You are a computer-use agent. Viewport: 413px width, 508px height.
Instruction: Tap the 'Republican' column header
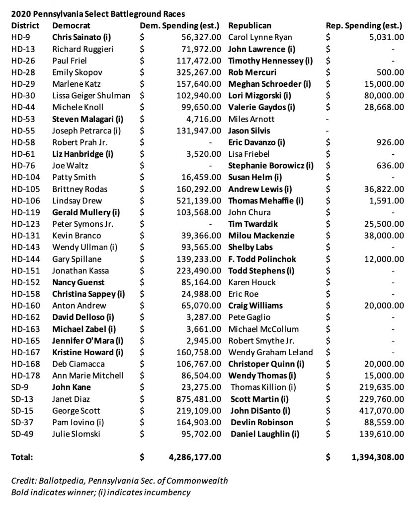(249, 25)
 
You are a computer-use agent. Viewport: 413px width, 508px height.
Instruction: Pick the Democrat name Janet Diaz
(73, 399)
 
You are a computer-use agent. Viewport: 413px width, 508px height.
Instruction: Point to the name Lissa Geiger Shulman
(91, 96)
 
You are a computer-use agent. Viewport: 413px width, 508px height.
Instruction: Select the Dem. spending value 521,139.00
(199, 201)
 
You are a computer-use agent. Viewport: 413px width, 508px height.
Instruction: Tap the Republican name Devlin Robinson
(262, 423)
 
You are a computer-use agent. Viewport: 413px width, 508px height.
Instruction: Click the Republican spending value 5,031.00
(386, 37)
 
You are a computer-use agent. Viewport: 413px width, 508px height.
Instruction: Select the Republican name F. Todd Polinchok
(262, 259)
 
